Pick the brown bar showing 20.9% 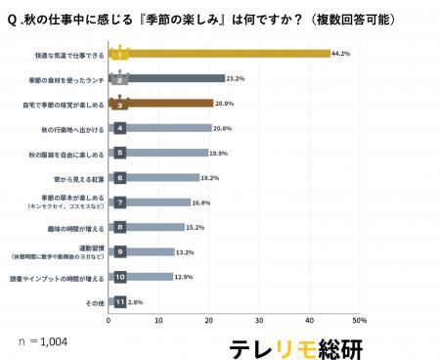point(162,103)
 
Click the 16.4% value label point(200,202)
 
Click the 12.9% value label point(183,277)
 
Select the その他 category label point(94,302)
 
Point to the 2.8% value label point(136,302)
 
